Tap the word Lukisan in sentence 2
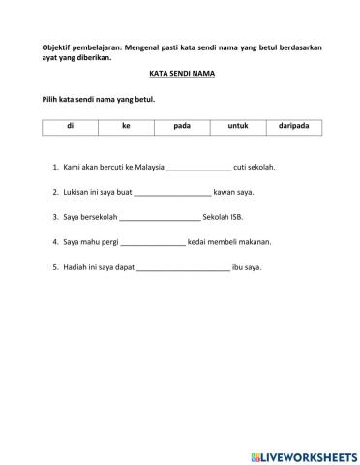click(75, 192)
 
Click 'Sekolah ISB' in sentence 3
click(225, 217)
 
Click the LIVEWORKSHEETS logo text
click(310, 454)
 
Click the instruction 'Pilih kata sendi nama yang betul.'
click(98, 100)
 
